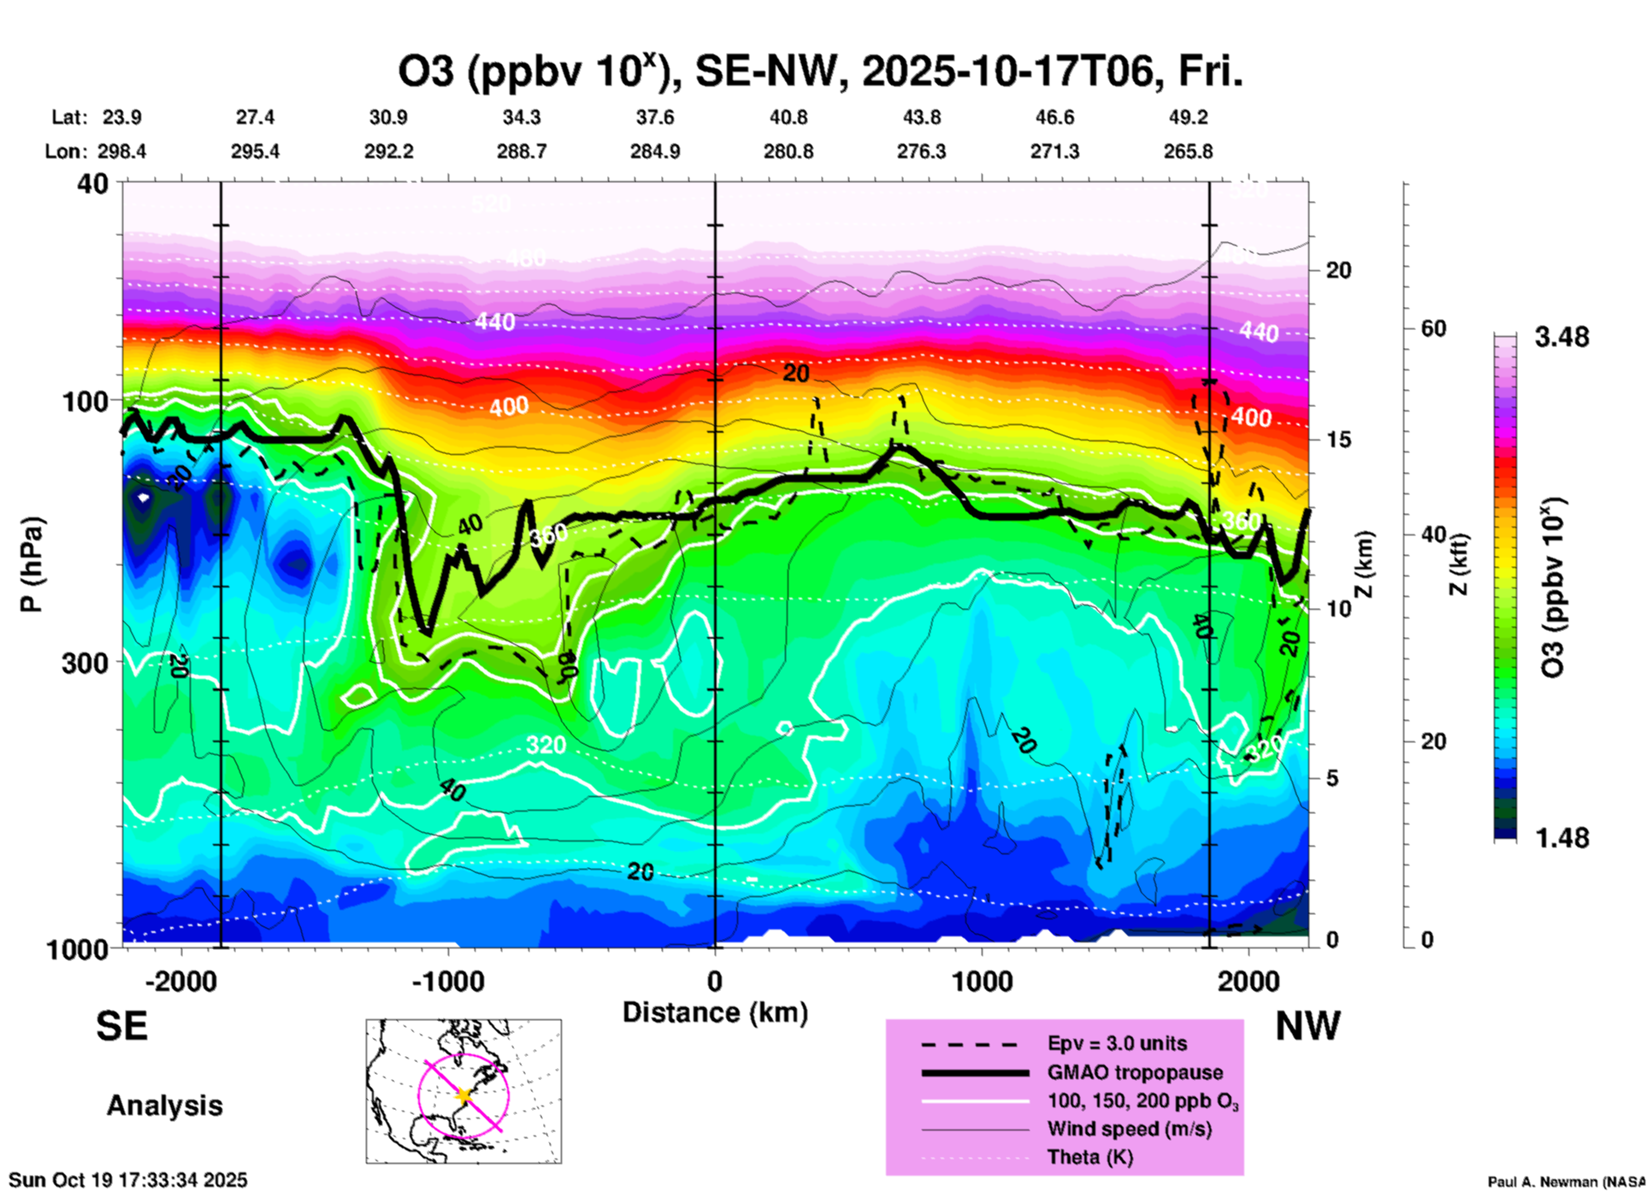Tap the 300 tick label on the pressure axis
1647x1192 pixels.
(86, 663)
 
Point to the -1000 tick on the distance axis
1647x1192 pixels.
(448, 981)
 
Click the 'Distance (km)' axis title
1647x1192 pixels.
(715, 1012)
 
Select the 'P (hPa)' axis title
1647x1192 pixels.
(32, 564)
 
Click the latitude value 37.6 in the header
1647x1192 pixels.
(654, 117)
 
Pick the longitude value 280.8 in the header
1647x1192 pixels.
(788, 152)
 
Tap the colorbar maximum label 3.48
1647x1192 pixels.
(1561, 338)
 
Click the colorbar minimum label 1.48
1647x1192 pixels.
(1561, 838)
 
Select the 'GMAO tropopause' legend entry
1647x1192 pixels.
(1135, 1072)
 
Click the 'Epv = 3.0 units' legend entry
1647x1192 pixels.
(1117, 1044)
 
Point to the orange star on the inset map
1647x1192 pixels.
(464, 1095)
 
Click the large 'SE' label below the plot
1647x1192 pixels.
(121, 1026)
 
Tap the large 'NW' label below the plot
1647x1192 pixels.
(1308, 1026)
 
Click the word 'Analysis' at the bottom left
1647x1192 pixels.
(164, 1106)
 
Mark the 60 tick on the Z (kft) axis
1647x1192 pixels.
(1433, 329)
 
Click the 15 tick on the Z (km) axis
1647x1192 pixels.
(1338, 440)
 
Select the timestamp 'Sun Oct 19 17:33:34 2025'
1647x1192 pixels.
(128, 1180)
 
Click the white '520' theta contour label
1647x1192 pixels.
(491, 204)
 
